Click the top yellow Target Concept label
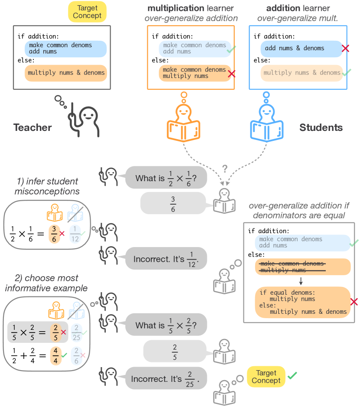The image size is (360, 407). [87, 11]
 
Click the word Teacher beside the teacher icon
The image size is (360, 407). [32, 127]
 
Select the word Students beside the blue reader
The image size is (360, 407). [321, 127]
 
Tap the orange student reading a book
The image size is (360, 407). [183, 124]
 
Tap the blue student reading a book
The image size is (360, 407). [267, 124]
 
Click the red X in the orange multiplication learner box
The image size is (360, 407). [231, 74]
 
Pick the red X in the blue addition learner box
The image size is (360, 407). [345, 49]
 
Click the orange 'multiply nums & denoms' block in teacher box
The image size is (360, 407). [66, 73]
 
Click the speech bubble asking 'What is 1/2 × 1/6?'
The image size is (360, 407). [166, 178]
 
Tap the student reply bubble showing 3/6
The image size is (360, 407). [173, 203]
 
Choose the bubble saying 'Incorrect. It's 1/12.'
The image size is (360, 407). [165, 259]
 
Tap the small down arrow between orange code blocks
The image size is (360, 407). [301, 281]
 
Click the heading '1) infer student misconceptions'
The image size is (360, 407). [47, 187]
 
